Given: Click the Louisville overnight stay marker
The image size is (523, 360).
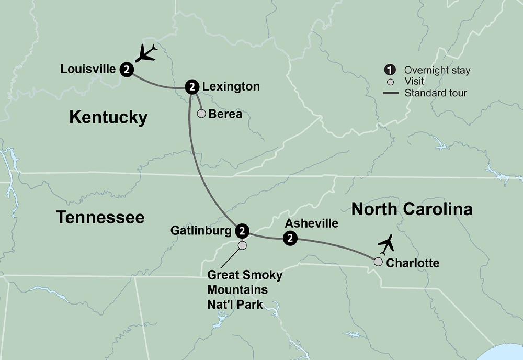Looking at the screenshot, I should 127,69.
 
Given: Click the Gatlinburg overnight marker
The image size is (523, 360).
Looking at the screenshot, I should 242,230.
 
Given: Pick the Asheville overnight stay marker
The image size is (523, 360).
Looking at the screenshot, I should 289,239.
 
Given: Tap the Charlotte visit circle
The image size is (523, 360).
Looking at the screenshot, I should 378,262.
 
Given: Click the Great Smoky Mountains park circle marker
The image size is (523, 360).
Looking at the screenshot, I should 242,245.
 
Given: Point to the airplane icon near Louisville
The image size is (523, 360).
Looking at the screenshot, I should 146,53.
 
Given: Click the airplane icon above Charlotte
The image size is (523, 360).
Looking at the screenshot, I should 386,244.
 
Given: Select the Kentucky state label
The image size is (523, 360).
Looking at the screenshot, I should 108,117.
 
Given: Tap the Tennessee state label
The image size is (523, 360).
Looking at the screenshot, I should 100,217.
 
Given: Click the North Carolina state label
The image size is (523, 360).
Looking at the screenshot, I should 412,209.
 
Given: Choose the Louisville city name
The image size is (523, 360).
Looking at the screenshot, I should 88,69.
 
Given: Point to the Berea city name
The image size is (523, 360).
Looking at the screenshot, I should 225,114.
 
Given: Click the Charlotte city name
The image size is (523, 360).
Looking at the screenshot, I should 412,263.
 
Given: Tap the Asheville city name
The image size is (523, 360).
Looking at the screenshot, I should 311,223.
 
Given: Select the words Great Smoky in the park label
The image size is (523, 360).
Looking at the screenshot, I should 245,275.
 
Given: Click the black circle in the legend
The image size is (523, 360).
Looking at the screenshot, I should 390,71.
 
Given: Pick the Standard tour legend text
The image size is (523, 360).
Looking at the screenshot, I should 436,93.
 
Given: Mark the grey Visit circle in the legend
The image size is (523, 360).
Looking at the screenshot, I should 390,82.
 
